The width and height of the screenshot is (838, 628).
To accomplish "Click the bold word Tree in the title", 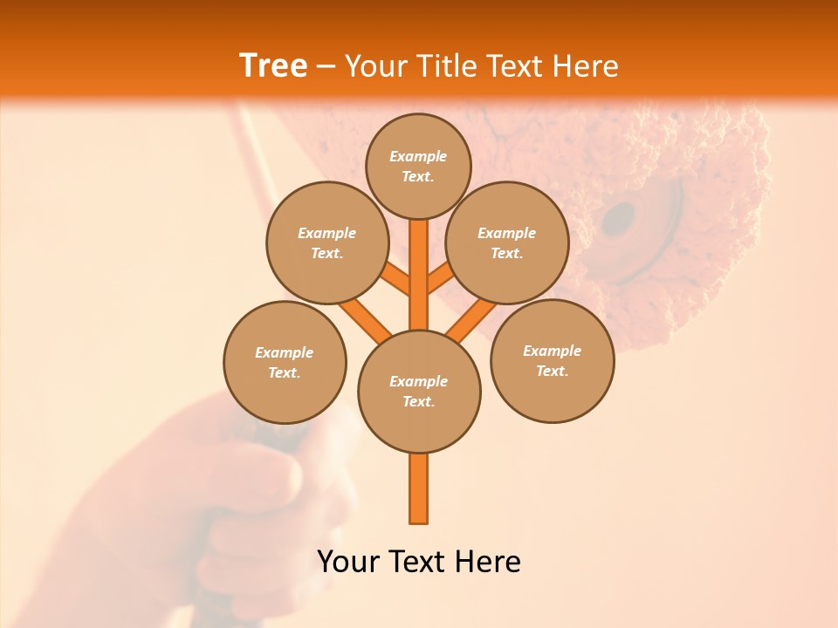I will coord(273,66).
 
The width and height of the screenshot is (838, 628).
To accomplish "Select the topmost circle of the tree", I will coord(418,166).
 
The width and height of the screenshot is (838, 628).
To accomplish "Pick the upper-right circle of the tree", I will coord(506,242).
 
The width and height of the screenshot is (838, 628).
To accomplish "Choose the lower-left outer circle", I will coord(285,362).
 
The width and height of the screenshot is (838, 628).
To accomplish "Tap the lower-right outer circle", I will coord(552,360).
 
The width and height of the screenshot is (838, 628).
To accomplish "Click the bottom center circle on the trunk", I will coord(418,391).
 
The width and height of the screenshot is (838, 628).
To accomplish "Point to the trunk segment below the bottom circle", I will coord(418,488).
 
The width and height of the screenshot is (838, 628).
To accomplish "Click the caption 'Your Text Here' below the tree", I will coord(418,562).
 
